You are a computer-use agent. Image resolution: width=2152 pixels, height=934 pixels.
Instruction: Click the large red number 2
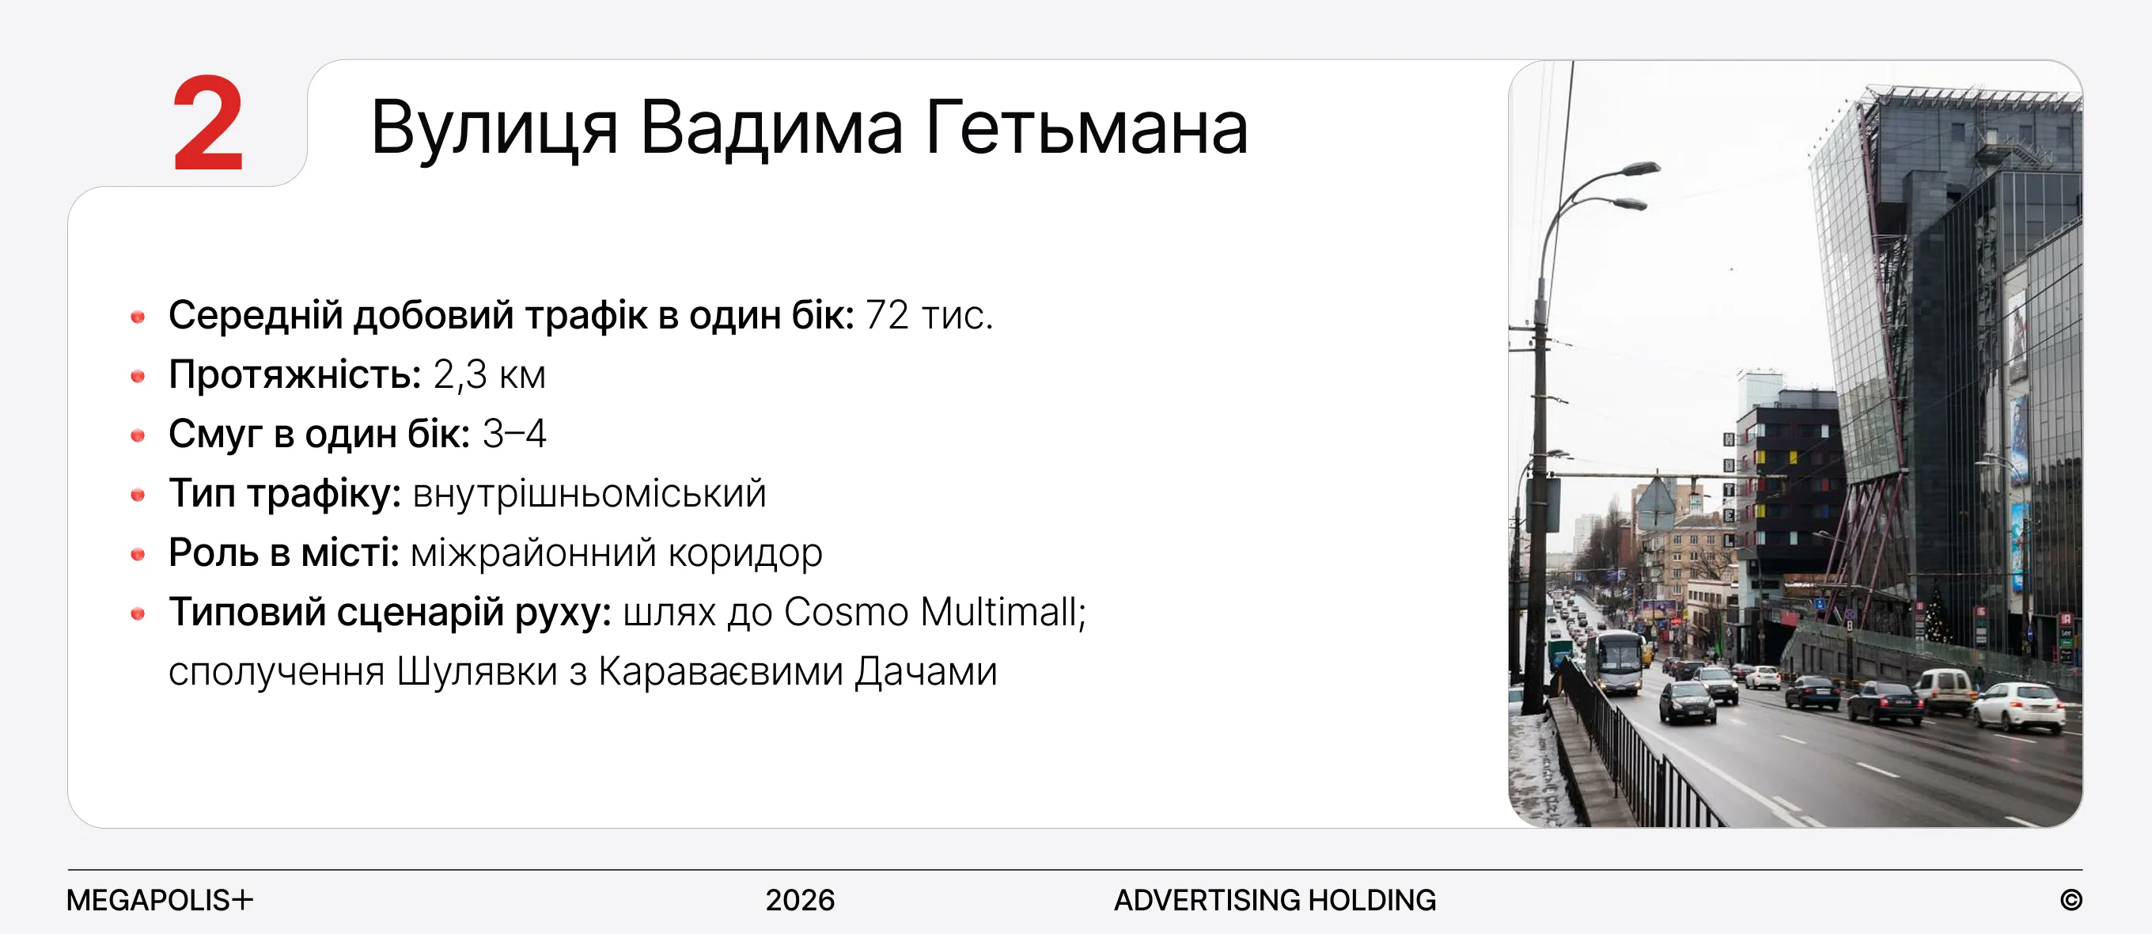(x=208, y=123)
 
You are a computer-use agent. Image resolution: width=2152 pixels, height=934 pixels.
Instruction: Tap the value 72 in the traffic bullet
(x=887, y=315)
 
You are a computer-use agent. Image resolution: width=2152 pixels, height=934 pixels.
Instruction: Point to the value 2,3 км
(x=490, y=374)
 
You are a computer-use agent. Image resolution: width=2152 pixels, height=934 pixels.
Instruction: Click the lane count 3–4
(x=514, y=434)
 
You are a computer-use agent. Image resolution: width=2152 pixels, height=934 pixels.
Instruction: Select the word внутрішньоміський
(x=589, y=494)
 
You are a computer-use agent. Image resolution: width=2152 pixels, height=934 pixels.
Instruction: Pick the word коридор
(x=745, y=554)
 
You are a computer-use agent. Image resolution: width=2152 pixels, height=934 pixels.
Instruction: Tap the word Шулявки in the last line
(x=477, y=672)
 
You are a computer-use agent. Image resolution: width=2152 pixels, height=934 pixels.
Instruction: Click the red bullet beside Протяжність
(x=138, y=376)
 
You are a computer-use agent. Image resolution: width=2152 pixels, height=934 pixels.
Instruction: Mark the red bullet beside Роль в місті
(x=138, y=554)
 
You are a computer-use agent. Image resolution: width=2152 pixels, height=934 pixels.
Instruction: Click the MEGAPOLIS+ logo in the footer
(x=160, y=900)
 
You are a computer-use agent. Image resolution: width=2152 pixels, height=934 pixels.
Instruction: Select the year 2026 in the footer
(x=801, y=900)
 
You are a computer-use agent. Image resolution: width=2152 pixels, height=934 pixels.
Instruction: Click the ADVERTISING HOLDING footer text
(x=1275, y=900)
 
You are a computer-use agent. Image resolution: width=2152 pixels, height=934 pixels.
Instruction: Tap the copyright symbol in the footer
(x=2071, y=900)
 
